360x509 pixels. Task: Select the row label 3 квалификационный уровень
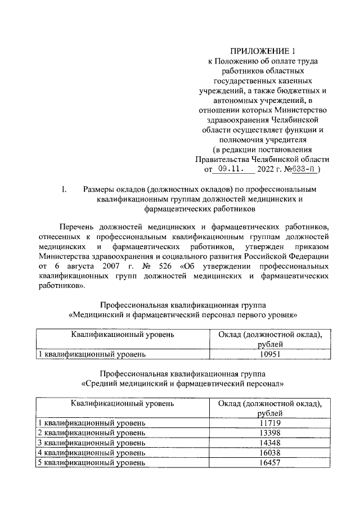[92, 443]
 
